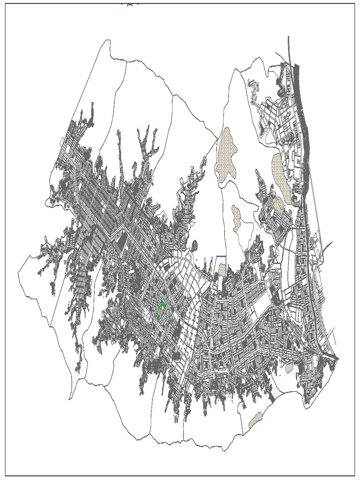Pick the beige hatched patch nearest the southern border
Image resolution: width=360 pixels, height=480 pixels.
(x=255, y=420)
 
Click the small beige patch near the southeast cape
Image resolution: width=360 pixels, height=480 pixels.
(x=289, y=367)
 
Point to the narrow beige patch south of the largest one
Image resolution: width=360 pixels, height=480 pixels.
(x=236, y=217)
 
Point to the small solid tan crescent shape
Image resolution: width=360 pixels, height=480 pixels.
(x=297, y=203)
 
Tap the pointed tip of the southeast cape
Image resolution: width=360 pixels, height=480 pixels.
(x=337, y=359)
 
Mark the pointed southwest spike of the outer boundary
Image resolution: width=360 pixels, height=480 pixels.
(x=70, y=398)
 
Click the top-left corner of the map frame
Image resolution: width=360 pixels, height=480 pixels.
(x=6, y=4)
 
